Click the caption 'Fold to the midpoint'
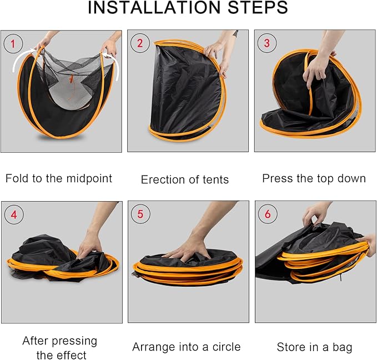tap(59, 178)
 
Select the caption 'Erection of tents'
tap(185, 179)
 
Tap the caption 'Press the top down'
tap(314, 178)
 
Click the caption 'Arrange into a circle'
tap(187, 347)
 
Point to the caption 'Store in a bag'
tap(314, 347)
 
